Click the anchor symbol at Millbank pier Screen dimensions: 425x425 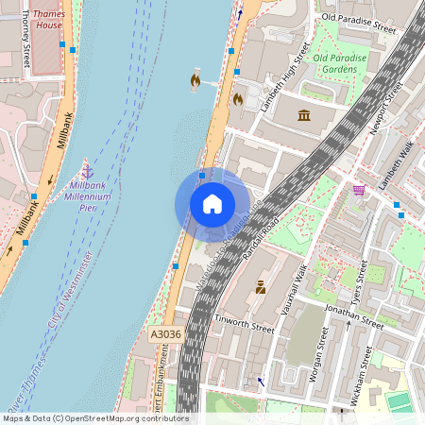[88, 171]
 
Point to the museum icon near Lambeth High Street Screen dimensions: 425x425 [304, 115]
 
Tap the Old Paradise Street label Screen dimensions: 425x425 [358, 17]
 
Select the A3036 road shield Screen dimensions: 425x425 [164, 334]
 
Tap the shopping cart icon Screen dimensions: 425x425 [359, 190]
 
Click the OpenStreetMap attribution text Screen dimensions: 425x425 [94, 417]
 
